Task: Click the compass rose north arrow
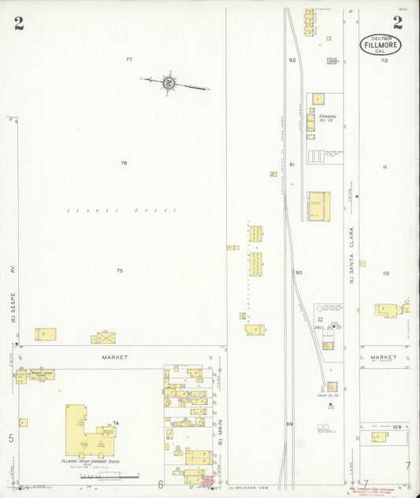pos(169,81)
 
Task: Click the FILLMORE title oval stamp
pos(381,46)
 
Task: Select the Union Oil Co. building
pos(333,386)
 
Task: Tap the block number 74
pos(116,424)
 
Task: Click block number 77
pos(128,60)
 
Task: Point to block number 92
pos(292,60)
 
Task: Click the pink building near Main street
pos(208,480)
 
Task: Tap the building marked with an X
pos(106,337)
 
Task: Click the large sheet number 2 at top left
pos(18,23)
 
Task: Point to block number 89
pos(289,425)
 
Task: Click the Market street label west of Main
pos(114,357)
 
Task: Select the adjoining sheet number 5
pos(11,438)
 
